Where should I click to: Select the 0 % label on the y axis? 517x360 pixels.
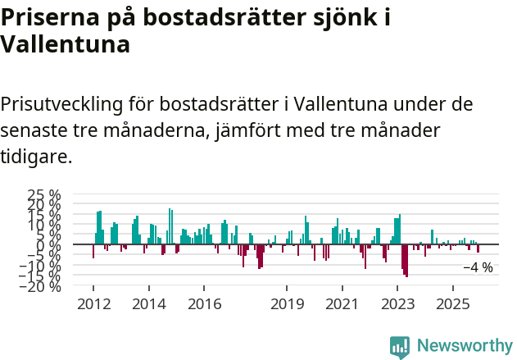click(x=50, y=244)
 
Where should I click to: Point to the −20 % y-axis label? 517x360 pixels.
click(x=39, y=286)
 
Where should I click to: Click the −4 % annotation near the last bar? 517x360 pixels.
click(x=478, y=267)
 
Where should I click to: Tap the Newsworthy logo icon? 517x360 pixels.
click(x=400, y=346)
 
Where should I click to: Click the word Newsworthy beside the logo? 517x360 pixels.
click(x=464, y=346)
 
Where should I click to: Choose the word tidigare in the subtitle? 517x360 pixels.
click(x=36, y=156)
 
